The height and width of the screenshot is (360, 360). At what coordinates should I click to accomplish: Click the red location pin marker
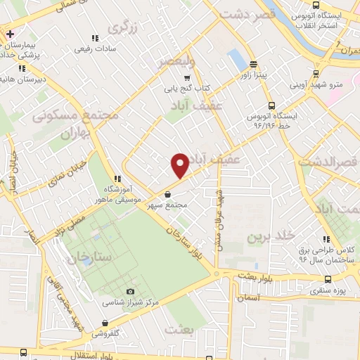coord(180,165)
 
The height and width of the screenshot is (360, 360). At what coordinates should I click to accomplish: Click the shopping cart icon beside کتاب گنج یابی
coord(186,78)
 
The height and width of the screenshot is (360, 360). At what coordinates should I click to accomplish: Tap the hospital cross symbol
coord(9,34)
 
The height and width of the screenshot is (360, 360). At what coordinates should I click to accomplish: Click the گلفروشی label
coord(106,334)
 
